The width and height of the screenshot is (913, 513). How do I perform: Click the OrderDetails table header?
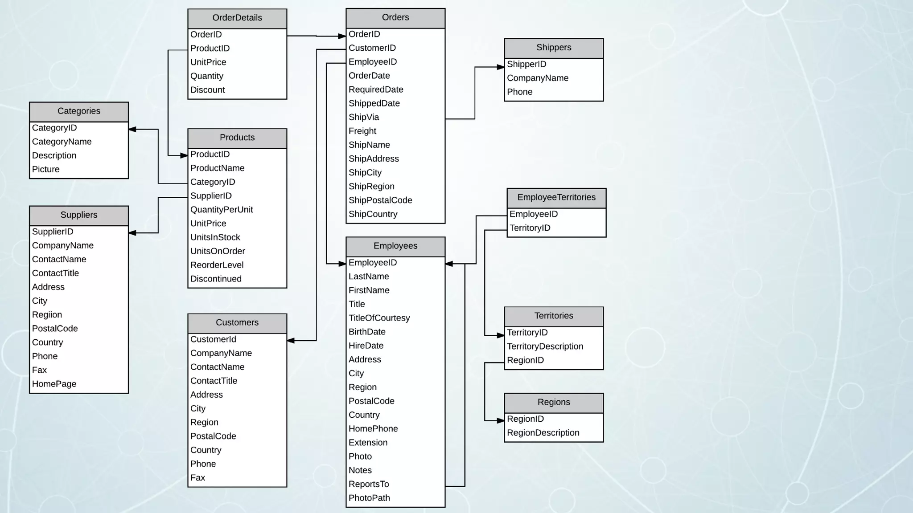pos(237,18)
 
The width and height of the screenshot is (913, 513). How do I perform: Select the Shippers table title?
pos(554,48)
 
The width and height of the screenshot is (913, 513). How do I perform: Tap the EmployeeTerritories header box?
pos(556,198)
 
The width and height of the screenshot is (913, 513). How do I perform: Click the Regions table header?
pos(554,403)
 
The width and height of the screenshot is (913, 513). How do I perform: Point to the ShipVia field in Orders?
pos(364,118)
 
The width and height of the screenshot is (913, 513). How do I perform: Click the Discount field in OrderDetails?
pos(208,90)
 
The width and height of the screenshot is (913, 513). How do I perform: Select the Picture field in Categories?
pos(46,170)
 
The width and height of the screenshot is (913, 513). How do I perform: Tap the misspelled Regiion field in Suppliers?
pos(47,315)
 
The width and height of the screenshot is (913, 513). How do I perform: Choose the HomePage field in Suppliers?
pos(54,384)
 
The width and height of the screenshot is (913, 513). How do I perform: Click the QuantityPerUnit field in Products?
pos(222,210)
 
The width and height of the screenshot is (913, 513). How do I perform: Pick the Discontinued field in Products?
pos(216,279)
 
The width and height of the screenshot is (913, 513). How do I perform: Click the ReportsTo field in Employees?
pos(369,484)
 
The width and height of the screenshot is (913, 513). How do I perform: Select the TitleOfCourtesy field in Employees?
pos(379,318)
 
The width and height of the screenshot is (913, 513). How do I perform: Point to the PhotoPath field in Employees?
pos(369,498)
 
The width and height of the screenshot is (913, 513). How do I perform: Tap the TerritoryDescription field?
pos(545,346)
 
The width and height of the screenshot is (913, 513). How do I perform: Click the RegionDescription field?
pos(543,433)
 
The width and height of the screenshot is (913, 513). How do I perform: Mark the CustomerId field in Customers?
pos(213,339)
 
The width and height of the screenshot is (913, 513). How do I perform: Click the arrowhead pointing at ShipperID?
pos(501,67)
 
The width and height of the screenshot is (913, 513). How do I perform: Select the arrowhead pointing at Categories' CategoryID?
pos(132,130)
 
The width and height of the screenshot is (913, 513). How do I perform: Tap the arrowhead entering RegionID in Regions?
pos(501,420)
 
